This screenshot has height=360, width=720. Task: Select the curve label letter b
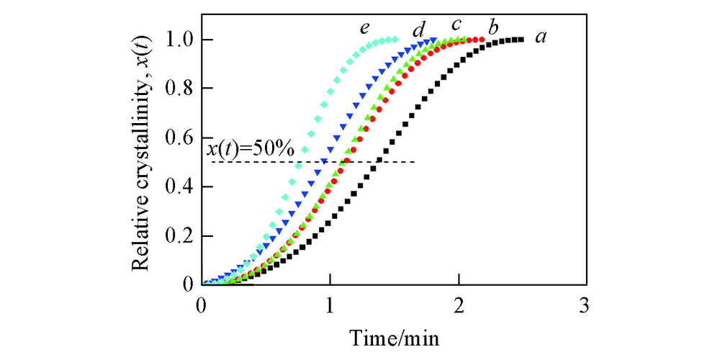click(494, 28)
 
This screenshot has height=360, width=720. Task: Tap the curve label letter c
click(456, 25)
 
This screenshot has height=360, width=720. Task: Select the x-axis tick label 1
click(330, 305)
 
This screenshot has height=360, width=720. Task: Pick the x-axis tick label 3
click(585, 305)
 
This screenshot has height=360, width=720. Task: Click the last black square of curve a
click(521, 40)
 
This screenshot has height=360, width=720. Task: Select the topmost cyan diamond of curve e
click(394, 40)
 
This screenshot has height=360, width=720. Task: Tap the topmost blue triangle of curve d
click(433, 40)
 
